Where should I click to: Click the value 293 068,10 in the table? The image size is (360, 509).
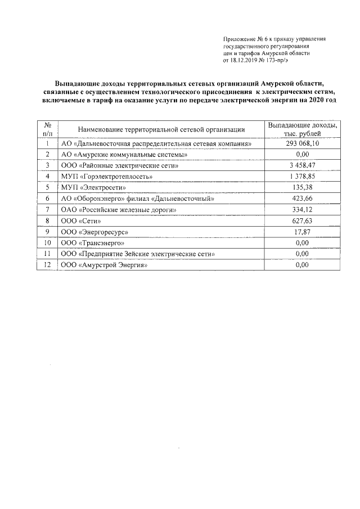tap(303, 143)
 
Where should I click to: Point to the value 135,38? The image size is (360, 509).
tap(303, 187)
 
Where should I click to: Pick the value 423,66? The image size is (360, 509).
tap(303, 199)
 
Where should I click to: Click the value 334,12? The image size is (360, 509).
tap(303, 209)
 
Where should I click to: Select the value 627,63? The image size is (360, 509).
tap(303, 220)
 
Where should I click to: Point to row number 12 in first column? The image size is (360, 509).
tap(48, 264)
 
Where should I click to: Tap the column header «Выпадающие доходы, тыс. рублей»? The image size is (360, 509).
tap(303, 129)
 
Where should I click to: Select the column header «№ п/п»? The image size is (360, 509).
tap(48, 129)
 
